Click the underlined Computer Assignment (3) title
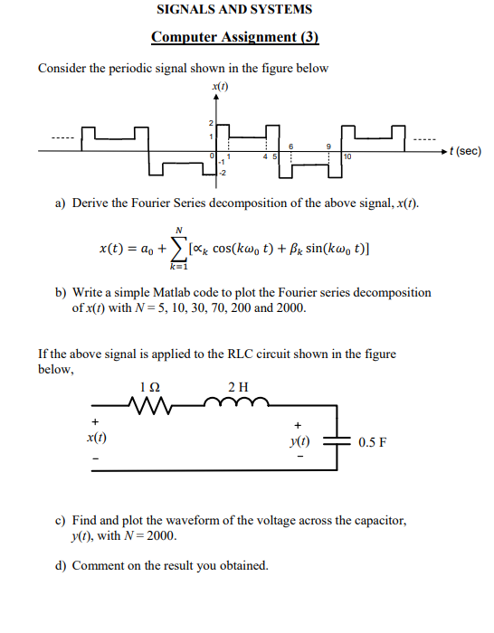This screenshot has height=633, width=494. (235, 37)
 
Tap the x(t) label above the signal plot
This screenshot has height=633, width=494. (219, 86)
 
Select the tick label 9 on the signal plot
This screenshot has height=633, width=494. (329, 146)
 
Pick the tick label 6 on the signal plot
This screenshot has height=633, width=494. (291, 146)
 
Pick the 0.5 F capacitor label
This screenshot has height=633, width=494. (373, 442)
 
